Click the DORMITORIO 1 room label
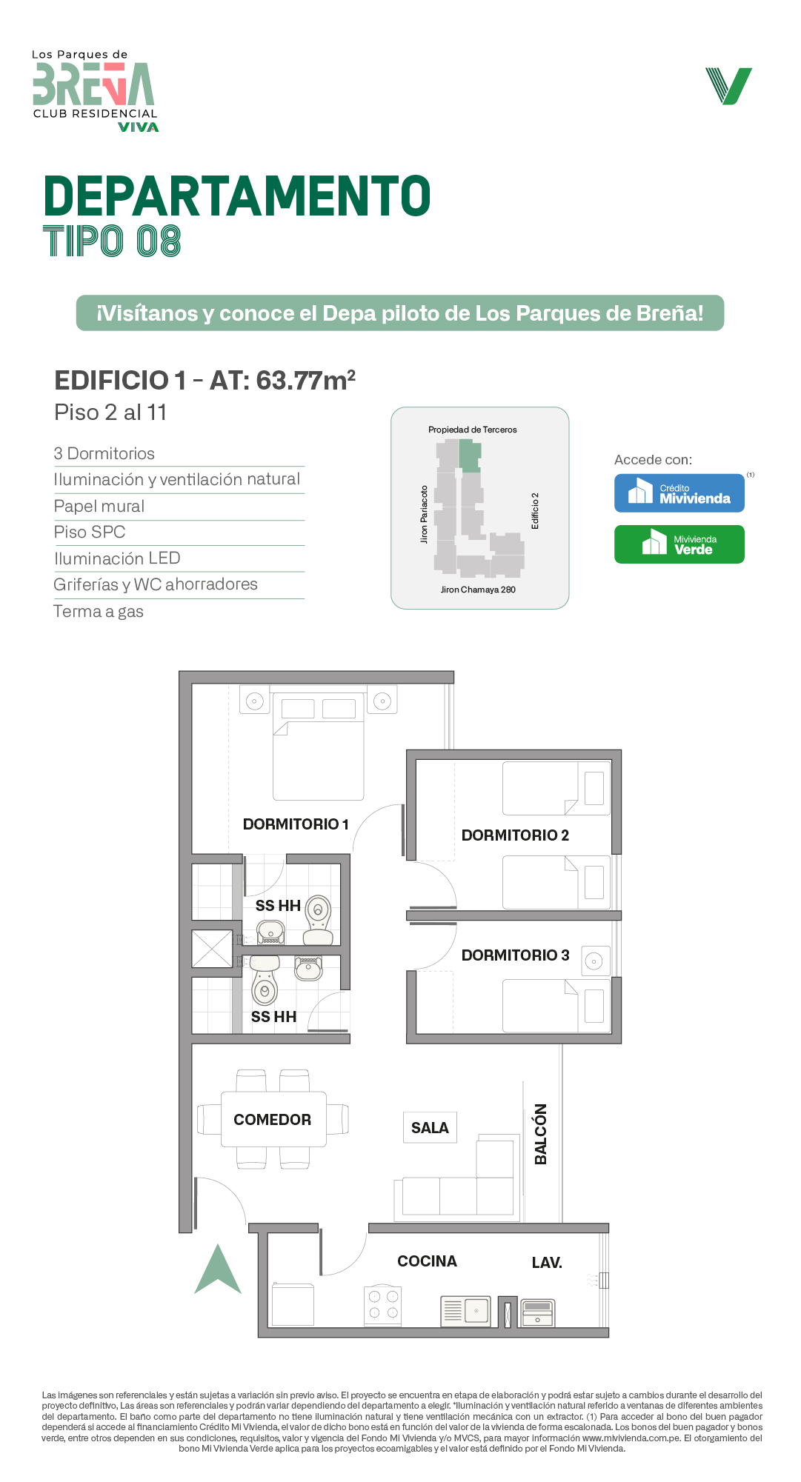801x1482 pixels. [x=296, y=824]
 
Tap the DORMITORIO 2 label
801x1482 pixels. [x=515, y=835]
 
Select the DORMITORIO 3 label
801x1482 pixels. [x=515, y=955]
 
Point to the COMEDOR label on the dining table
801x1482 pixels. [x=273, y=1120]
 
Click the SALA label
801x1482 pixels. [x=430, y=1128]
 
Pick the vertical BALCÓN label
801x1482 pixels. [x=541, y=1134]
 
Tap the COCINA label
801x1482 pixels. [x=427, y=1261]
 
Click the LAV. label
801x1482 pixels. [x=547, y=1263]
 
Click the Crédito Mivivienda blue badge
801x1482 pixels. [x=679, y=493]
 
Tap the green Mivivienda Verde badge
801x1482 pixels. [x=679, y=544]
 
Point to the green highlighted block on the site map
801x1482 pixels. [x=470, y=456]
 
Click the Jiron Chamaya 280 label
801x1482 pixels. [x=478, y=590]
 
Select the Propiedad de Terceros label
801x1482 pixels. [x=473, y=430]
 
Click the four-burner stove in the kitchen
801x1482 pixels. [x=383, y=1306]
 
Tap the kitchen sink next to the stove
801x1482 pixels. [x=465, y=1311]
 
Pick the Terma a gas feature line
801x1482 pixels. [x=99, y=612]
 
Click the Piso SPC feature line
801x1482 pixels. [x=90, y=533]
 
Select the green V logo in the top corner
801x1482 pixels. [x=729, y=86]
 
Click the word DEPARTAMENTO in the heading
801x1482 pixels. [x=237, y=196]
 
